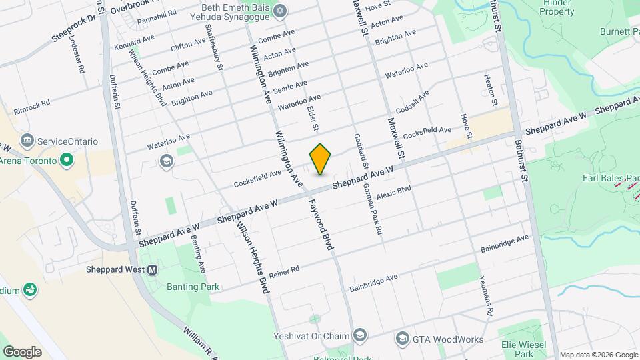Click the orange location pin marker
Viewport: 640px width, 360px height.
(321, 159)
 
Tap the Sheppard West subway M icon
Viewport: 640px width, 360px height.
(153, 270)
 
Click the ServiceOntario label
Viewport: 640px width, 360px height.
(67, 141)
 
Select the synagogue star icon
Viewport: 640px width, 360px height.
(280, 11)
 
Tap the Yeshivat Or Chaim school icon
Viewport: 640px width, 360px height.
(360, 335)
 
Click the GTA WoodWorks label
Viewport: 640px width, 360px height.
(448, 339)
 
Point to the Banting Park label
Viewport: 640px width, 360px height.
(194, 287)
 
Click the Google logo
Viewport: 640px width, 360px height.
(22, 351)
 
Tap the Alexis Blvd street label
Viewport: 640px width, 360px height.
(393, 193)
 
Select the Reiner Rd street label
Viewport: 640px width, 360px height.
(285, 271)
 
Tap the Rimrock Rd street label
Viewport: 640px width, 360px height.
(31, 105)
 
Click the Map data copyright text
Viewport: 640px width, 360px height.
(598, 355)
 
